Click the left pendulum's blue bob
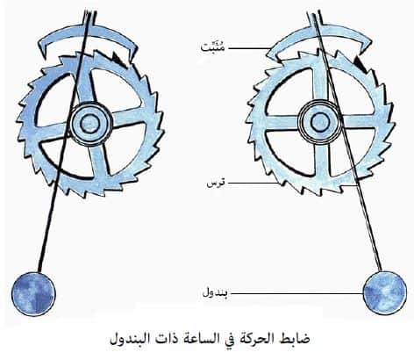point(33,293)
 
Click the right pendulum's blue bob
point(384,292)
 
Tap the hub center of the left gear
point(90,124)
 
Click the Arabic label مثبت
point(213,47)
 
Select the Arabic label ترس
point(216,184)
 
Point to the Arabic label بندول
point(215,292)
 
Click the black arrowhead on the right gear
point(360,64)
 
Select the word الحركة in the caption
point(259,339)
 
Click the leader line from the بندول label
point(296,293)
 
